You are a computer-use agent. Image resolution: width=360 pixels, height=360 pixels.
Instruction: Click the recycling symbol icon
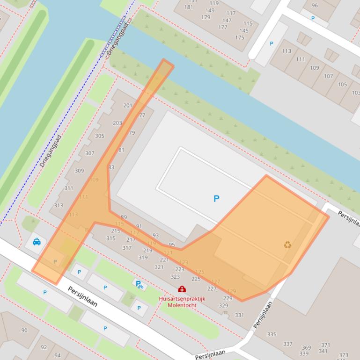pos(287,245)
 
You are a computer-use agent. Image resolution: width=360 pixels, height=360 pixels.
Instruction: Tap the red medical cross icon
pos(182,289)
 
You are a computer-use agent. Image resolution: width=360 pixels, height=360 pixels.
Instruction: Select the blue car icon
pos(37,242)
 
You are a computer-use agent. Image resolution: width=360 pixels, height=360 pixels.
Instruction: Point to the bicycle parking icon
pos(139,284)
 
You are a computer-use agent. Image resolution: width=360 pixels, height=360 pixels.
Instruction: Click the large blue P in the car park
pos(216,199)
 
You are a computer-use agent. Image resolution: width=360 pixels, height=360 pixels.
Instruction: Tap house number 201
pos(128,106)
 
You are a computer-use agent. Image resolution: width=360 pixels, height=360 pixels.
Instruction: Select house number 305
pos(100,136)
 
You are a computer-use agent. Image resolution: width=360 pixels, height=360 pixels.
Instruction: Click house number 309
pos(79,171)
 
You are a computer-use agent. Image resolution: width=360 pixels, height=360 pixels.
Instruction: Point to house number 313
pos(59,205)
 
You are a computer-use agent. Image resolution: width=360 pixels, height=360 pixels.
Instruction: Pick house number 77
pos(142,115)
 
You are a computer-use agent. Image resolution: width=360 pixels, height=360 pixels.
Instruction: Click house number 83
pos(111,167)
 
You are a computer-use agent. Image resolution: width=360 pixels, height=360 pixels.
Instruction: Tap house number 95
pos(172,245)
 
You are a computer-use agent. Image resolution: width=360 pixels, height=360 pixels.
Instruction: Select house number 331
pos(239,315)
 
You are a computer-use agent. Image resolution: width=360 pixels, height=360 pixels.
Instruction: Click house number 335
pos(272,334)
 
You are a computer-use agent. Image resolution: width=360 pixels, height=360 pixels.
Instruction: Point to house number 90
pos(24,330)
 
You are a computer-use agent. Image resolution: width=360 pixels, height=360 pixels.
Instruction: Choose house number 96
pos(314,6)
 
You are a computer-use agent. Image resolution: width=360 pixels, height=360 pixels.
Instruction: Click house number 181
pos(189,7)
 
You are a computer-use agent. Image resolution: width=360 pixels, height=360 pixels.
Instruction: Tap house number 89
pos(124,217)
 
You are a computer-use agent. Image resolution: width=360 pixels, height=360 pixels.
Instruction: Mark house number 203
pos(117,123)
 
